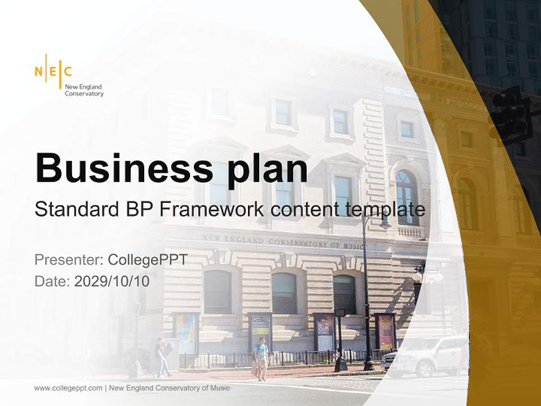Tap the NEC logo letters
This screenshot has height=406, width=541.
[x=53, y=71]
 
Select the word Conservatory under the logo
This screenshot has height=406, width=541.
[x=84, y=94]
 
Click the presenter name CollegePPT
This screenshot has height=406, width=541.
[x=147, y=260]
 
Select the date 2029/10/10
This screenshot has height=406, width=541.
[x=112, y=281]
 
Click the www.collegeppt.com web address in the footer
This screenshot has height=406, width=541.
[x=68, y=388]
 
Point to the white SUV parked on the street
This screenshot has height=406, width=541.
[x=425, y=355]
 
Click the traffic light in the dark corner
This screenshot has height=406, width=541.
[x=510, y=116]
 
